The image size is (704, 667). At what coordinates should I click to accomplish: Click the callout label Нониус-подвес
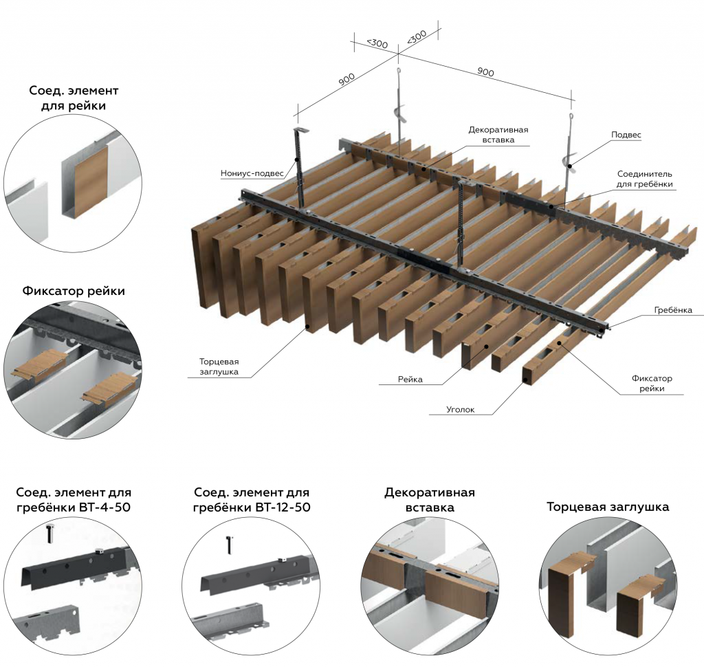click(x=252, y=173)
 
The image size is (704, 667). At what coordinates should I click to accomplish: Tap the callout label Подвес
click(x=626, y=135)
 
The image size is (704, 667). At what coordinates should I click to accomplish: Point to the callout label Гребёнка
click(x=673, y=310)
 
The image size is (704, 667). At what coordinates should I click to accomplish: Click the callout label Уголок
click(x=460, y=411)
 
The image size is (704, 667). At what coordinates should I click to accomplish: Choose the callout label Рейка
click(x=410, y=379)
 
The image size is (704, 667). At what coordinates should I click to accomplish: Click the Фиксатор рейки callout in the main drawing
click(x=651, y=383)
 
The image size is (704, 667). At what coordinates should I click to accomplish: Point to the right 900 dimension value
click(x=485, y=72)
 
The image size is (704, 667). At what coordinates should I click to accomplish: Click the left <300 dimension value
click(x=376, y=43)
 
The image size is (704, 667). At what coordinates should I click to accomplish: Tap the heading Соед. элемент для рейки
click(x=74, y=98)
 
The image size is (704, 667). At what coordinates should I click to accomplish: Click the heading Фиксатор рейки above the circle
click(x=74, y=291)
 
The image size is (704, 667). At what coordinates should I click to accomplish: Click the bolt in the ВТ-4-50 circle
click(x=49, y=532)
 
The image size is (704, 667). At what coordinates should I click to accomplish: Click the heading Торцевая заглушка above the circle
click(x=608, y=507)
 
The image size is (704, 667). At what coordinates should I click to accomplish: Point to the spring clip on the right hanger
click(x=569, y=162)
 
